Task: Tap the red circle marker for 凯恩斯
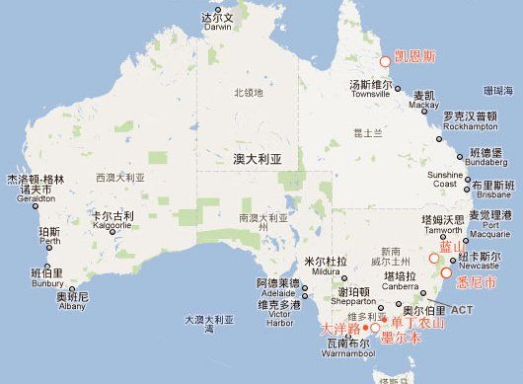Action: [385, 61]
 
